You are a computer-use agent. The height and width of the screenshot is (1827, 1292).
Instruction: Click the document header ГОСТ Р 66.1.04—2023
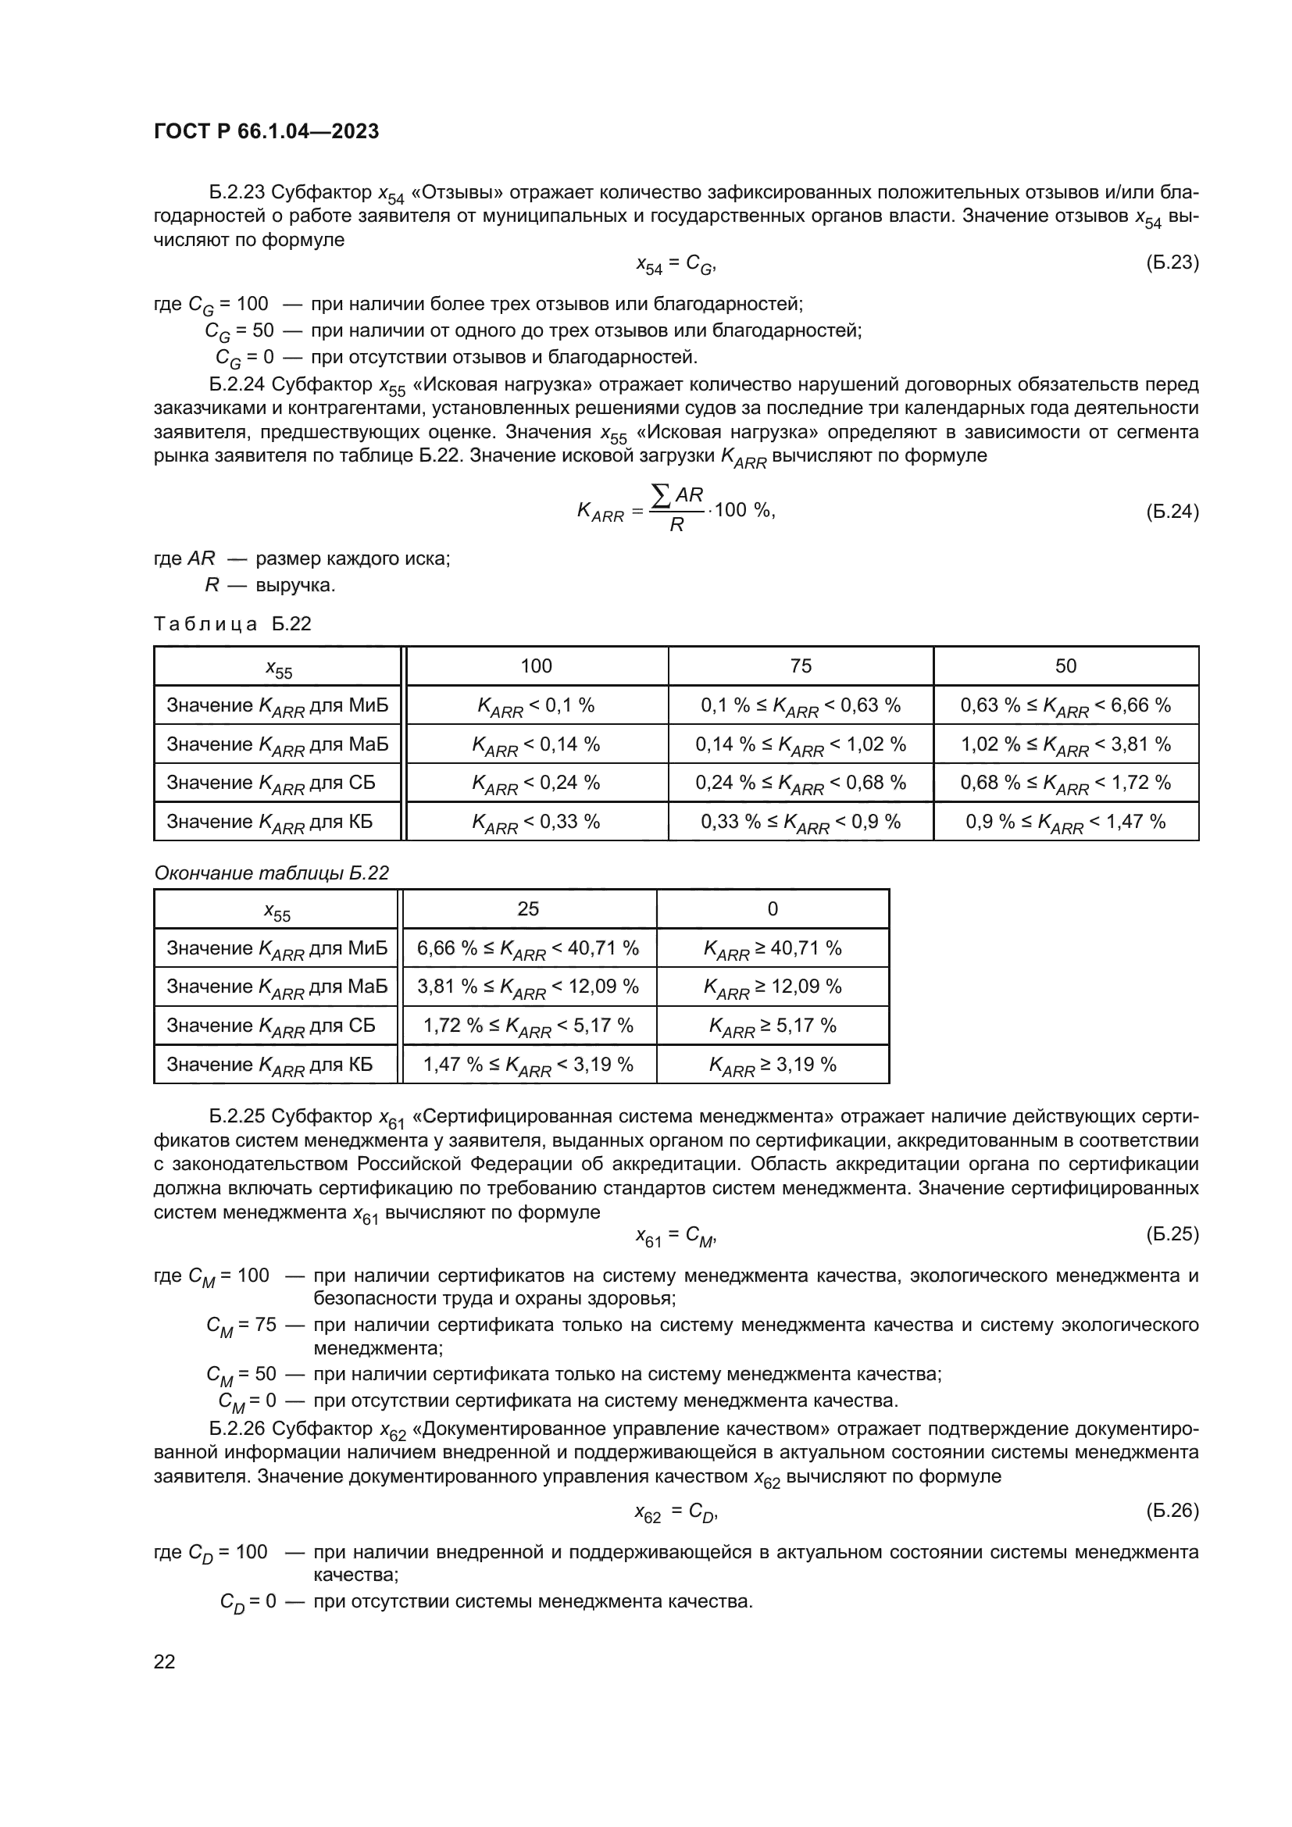266,131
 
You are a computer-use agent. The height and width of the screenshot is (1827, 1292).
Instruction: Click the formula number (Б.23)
1172,262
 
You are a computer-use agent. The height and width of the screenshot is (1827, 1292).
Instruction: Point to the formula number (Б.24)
1172,511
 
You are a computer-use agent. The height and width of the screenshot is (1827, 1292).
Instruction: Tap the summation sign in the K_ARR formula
659,497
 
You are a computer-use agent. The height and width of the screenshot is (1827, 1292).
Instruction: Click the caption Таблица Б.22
232,624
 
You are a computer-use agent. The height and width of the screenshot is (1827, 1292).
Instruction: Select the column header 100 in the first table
536,666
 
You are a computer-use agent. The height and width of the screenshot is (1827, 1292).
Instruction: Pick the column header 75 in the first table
801,666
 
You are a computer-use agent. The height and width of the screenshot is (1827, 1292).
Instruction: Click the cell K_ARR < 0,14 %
536,745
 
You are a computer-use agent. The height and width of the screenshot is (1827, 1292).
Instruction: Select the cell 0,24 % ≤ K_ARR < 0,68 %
801,783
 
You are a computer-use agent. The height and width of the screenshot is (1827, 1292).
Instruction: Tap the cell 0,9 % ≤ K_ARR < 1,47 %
1065,822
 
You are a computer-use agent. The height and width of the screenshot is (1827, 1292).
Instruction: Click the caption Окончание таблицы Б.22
271,873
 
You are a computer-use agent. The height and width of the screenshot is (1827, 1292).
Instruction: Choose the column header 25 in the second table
528,908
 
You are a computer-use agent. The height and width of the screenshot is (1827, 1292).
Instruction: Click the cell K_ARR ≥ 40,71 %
773,948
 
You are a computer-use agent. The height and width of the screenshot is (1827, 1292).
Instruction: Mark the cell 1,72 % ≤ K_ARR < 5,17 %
528,1026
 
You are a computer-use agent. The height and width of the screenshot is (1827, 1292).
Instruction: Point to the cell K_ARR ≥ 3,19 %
773,1065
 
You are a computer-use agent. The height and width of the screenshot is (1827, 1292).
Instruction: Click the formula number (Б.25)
1172,1234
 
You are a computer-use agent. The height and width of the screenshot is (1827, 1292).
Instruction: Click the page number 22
165,1661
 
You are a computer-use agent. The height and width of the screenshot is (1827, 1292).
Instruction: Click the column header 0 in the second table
773,908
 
